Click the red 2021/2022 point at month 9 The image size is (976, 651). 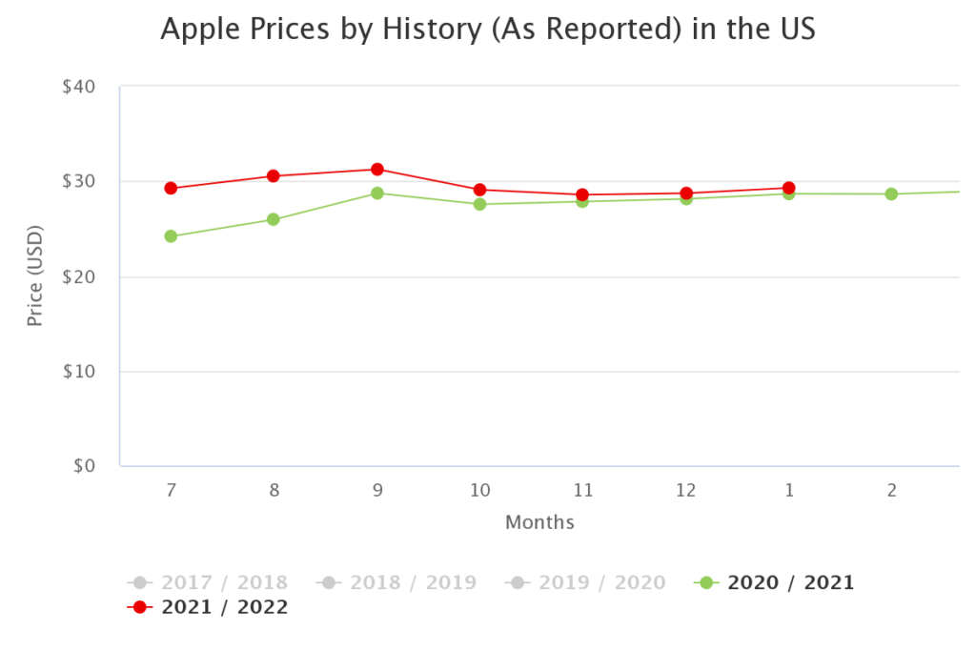[376, 170]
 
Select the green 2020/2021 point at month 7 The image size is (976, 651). [171, 236]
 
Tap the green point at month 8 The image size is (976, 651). [274, 219]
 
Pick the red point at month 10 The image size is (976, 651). [479, 190]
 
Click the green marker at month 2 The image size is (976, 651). [891, 194]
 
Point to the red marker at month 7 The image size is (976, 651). [171, 189]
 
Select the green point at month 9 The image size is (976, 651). [376, 193]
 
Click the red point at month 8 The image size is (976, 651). [274, 176]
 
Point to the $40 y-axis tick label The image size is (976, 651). [77, 87]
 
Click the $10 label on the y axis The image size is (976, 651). [77, 372]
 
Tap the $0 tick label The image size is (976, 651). [83, 466]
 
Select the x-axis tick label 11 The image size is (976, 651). [582, 491]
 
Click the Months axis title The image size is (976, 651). [539, 522]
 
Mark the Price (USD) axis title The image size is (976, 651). [35, 276]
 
